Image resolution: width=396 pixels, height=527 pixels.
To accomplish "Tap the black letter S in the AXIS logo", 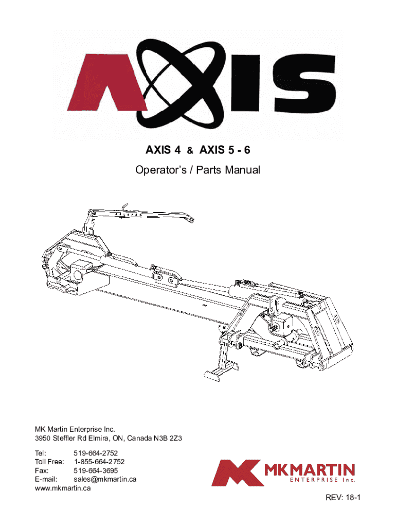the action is [x=304, y=83].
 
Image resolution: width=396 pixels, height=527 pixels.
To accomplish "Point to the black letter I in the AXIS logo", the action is [x=245, y=83].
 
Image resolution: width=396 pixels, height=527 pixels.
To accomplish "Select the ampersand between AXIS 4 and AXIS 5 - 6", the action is [x=190, y=151].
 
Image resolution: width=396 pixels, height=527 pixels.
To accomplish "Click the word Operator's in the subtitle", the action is [x=160, y=170].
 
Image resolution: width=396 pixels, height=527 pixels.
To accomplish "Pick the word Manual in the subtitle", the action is [x=242, y=170].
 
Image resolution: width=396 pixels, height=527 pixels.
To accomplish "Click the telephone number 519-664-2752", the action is [x=96, y=453].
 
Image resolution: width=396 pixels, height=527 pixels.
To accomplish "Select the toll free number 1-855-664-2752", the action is [x=99, y=462].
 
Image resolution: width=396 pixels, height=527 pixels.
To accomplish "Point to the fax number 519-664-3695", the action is [x=96, y=470].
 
